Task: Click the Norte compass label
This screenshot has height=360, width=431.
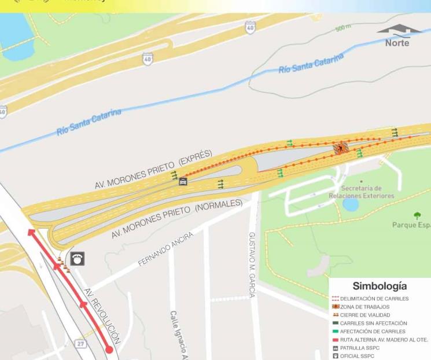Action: pyautogui.click(x=397, y=43)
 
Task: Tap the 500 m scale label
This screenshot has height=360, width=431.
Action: pyautogui.click(x=344, y=27)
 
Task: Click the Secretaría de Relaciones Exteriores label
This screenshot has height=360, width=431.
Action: pyautogui.click(x=361, y=192)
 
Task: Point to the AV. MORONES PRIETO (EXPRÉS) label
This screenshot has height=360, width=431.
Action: pyautogui.click(x=154, y=170)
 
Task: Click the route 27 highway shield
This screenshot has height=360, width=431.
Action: pyautogui.click(x=81, y=344)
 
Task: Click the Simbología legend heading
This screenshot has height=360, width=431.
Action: pyautogui.click(x=380, y=286)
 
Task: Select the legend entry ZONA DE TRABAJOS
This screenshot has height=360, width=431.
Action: pyautogui.click(x=364, y=306)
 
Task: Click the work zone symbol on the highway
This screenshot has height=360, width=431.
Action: pyautogui.click(x=341, y=148)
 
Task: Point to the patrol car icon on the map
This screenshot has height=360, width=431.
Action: pyautogui.click(x=183, y=181)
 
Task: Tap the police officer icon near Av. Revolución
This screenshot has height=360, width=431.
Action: pyautogui.click(x=78, y=259)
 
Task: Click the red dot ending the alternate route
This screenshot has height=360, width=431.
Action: pyautogui.click(x=109, y=349)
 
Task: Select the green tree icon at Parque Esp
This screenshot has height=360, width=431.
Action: pyautogui.click(x=417, y=216)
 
